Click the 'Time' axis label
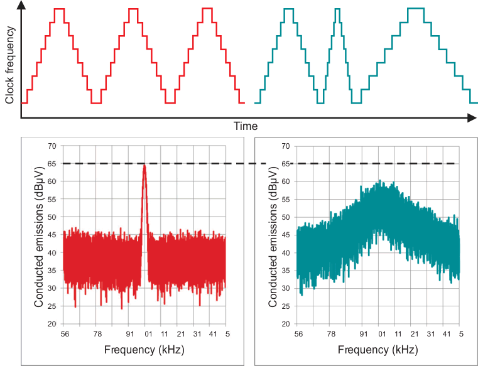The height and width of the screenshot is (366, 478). [246, 126]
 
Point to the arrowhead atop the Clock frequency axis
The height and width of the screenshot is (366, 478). [21, 6]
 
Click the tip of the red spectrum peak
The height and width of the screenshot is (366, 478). [144, 165]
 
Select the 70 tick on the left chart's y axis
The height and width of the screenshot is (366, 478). [52, 146]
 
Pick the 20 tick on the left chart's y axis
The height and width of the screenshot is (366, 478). [52, 324]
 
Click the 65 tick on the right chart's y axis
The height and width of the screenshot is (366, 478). [286, 164]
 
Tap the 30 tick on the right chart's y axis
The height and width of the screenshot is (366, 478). [286, 288]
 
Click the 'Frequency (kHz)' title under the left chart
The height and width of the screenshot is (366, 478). [144, 348]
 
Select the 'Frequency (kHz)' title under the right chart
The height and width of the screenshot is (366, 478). [379, 348]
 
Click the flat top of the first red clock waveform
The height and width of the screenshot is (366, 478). [59, 9]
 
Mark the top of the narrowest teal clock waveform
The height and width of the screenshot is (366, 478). [338, 9]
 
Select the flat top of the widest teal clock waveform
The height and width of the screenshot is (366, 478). [415, 9]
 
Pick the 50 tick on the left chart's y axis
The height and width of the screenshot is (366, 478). [52, 217]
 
